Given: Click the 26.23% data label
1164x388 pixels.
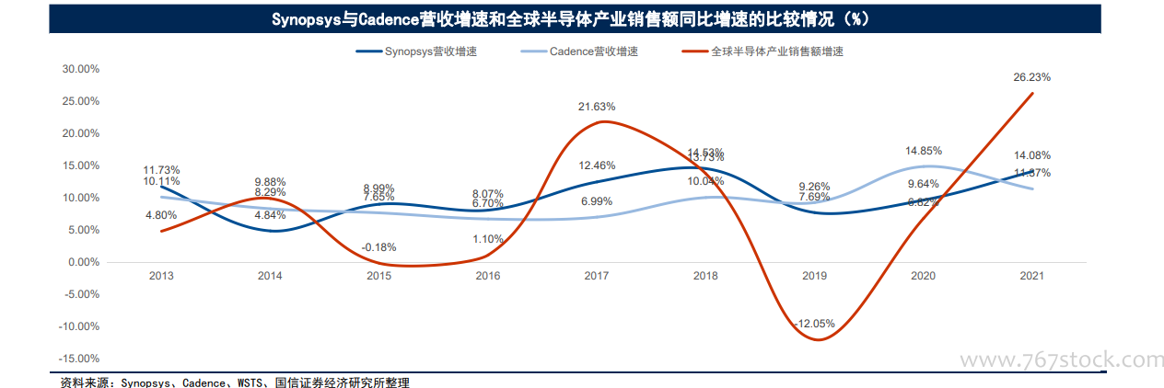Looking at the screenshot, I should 1031,77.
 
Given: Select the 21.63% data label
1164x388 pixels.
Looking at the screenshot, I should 597,107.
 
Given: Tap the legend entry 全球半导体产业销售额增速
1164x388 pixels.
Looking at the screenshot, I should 776,51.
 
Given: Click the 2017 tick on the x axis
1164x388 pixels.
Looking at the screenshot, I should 597,276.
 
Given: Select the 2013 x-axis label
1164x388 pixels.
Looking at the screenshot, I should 161,276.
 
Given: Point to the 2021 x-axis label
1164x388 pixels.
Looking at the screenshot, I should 1031,276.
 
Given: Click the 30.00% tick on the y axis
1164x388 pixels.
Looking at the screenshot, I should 80,69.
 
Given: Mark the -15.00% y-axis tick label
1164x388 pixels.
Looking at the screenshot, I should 78,359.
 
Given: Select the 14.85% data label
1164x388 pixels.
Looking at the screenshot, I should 923,150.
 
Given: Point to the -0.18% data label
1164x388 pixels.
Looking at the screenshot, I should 379,247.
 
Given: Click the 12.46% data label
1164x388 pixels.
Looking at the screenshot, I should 597,165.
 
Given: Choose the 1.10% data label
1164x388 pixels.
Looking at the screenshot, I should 487,239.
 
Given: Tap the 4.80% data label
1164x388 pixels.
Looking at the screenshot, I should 161,215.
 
